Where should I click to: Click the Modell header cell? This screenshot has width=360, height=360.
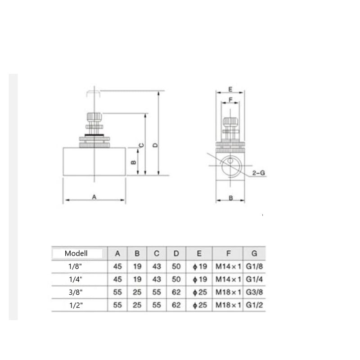[x=76, y=253]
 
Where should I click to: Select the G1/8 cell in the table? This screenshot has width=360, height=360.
[x=254, y=266]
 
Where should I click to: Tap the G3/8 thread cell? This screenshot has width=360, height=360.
[x=254, y=292]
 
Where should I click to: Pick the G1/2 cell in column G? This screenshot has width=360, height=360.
[x=254, y=305]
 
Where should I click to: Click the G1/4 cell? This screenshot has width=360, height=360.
[x=254, y=279]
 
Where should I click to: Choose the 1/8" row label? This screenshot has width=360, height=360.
[x=75, y=266]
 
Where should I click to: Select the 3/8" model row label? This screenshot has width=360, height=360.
[x=76, y=292]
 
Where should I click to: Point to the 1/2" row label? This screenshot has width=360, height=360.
[x=76, y=305]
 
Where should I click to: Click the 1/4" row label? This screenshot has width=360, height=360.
[x=76, y=279]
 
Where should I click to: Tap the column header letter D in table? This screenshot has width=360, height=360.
[x=176, y=253]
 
